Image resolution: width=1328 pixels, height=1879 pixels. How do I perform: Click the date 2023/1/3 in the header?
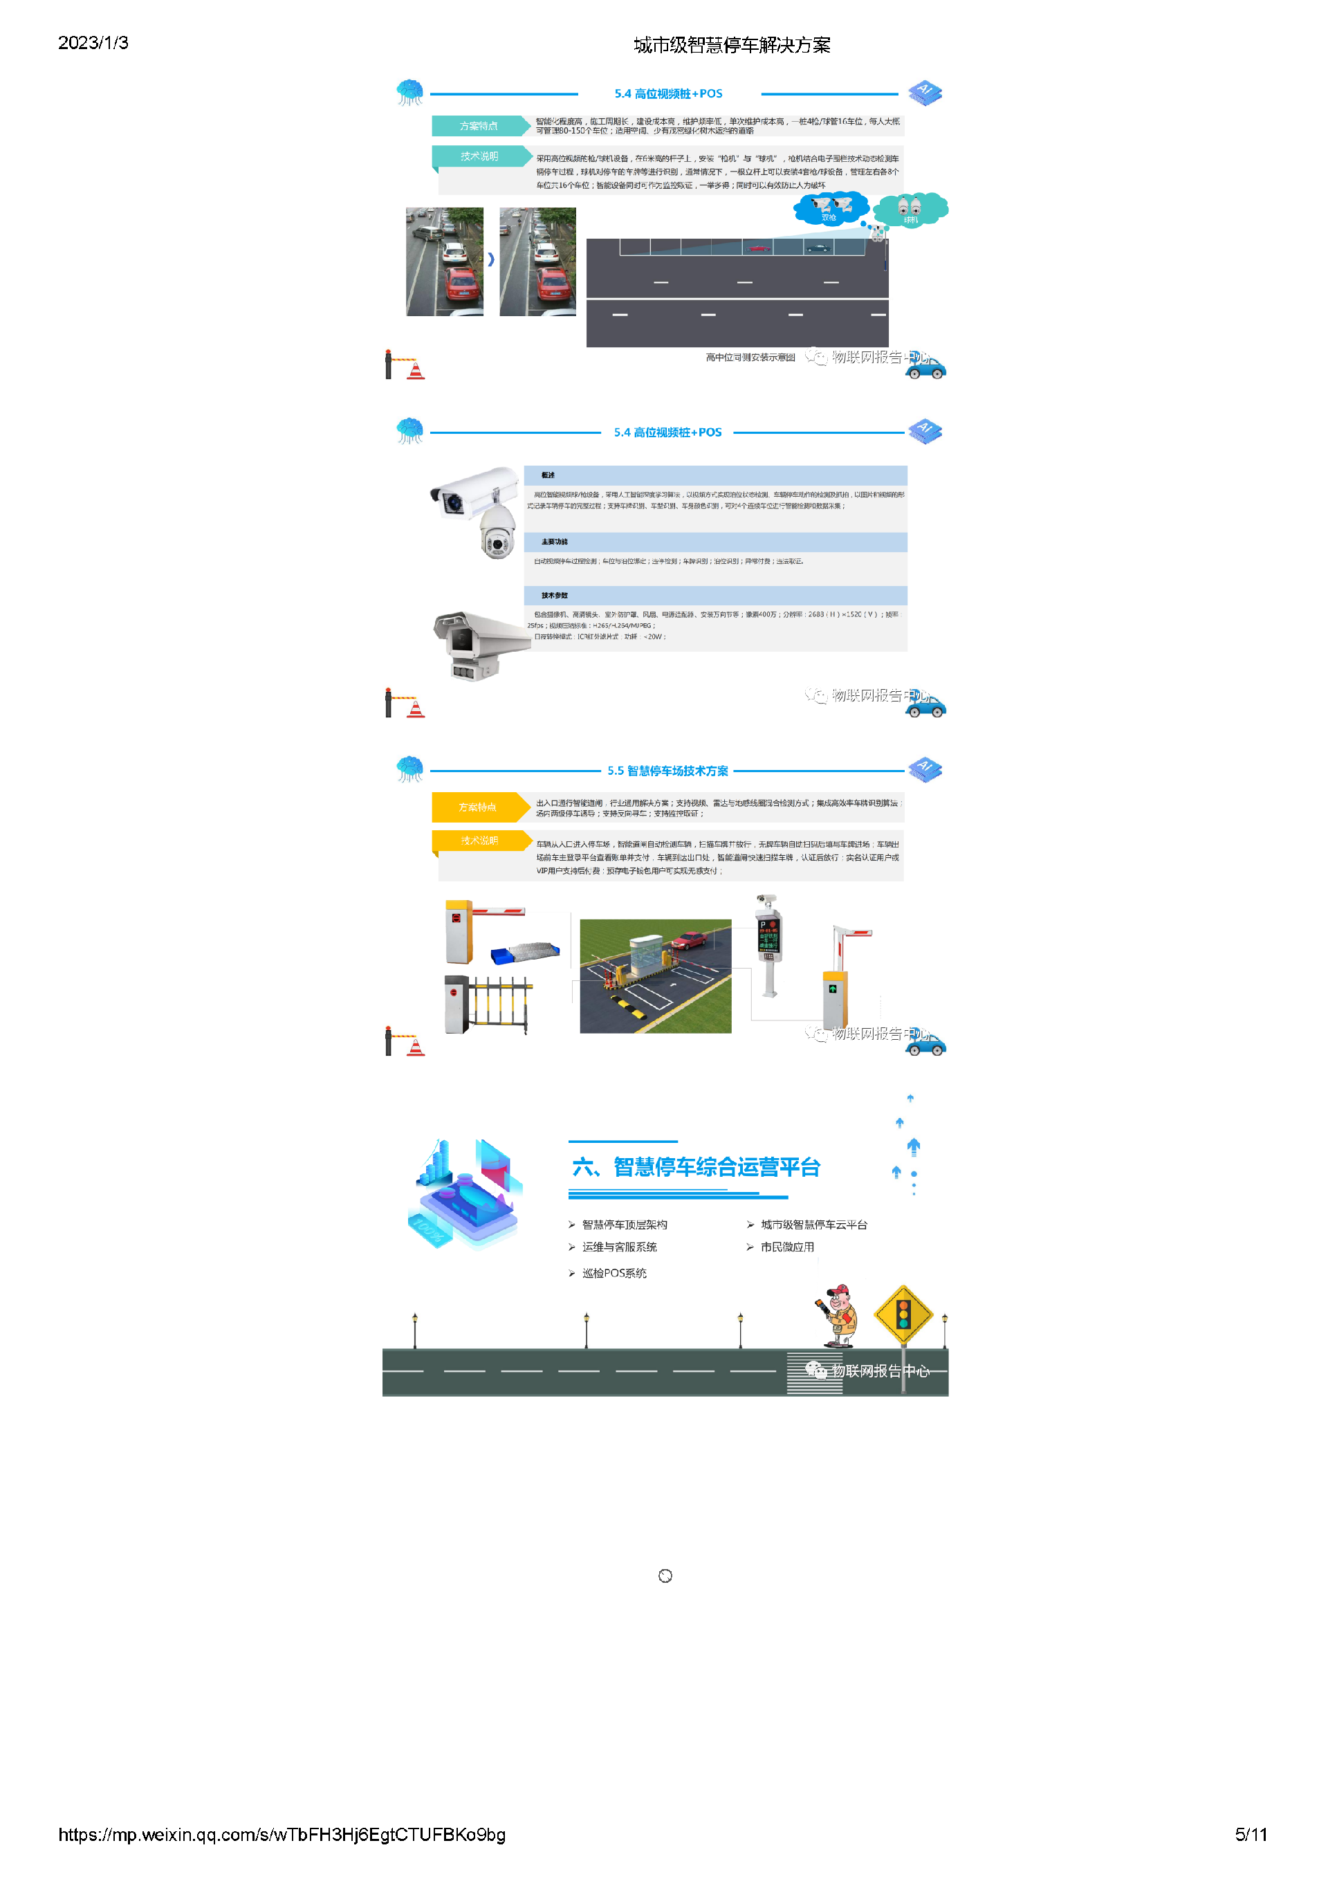93,44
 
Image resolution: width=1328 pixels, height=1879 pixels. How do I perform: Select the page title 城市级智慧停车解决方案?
732,46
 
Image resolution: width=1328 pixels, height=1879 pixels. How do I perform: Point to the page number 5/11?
1251,1834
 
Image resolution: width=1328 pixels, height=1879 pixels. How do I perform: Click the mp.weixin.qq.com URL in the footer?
282,1834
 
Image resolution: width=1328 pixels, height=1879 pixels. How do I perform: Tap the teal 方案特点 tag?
479,126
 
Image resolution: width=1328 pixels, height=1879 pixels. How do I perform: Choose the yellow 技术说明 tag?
479,841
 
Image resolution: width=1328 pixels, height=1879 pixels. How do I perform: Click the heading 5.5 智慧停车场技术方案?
667,771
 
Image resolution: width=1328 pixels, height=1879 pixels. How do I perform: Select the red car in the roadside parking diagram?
759,247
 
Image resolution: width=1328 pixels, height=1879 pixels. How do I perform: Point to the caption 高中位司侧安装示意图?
750,358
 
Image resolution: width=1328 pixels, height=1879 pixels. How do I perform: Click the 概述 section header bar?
714,475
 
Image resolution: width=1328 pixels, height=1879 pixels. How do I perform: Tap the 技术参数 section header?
714,595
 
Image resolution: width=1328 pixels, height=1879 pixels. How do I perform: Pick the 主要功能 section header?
714,542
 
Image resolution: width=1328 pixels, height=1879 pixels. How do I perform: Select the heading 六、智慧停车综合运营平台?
696,1167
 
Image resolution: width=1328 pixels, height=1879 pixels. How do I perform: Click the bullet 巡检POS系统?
614,1272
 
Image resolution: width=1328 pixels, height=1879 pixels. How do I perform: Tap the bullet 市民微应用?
786,1247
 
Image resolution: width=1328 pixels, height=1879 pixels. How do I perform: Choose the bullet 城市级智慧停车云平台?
813,1225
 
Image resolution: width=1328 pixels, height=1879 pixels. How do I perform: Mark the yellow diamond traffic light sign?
903,1314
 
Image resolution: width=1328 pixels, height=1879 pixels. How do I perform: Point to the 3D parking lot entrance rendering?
656,975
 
